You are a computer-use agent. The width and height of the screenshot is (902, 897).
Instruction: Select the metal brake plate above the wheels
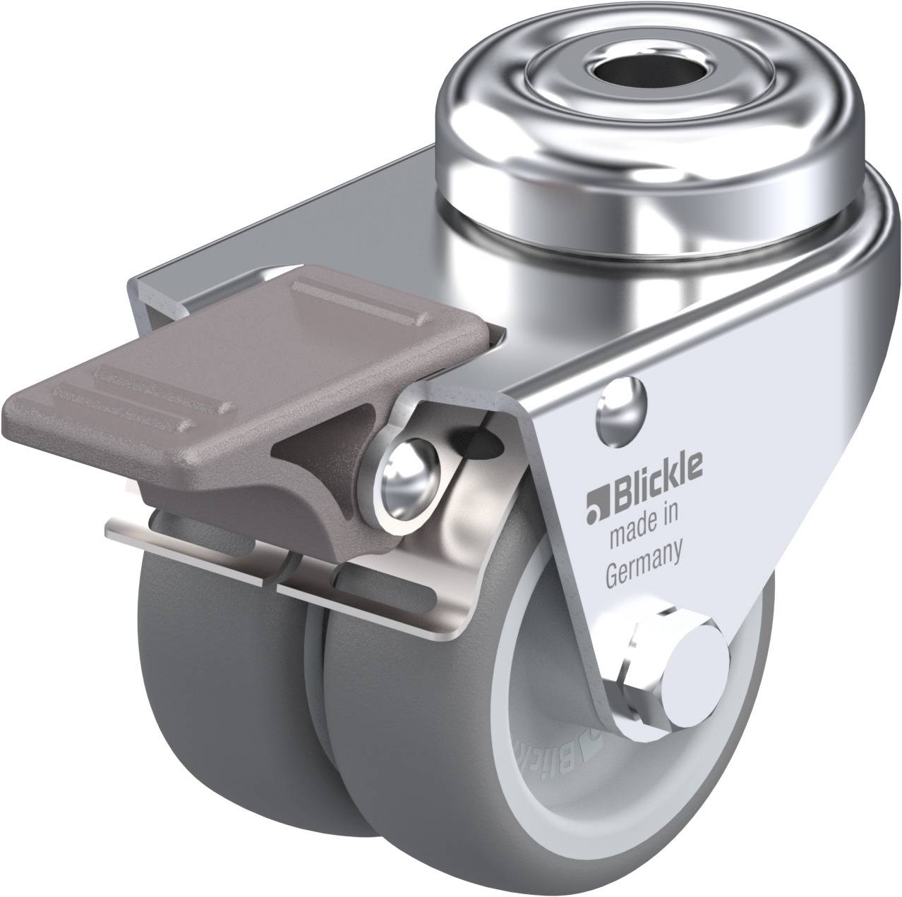296,550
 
